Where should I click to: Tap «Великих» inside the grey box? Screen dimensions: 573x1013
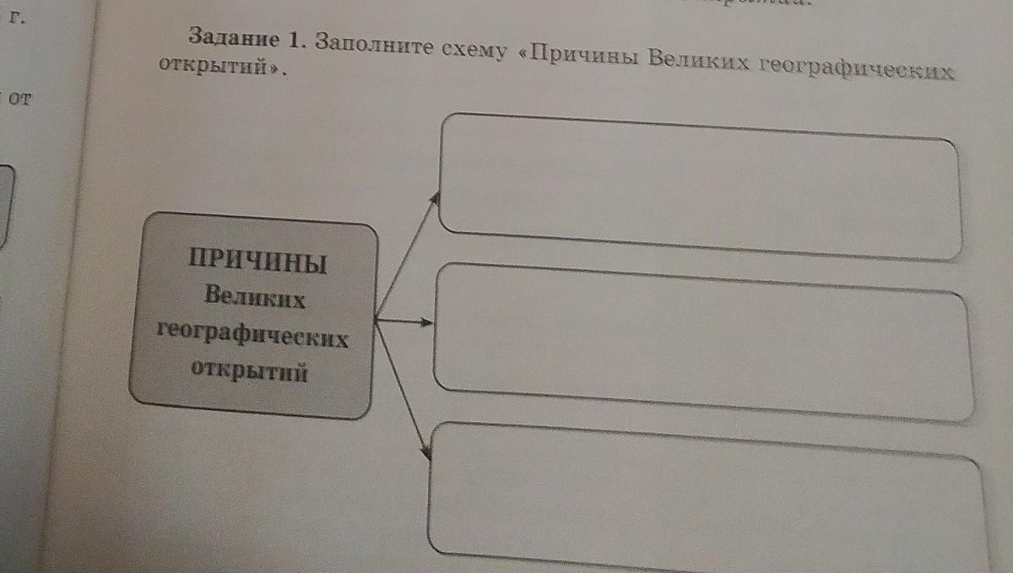(254, 297)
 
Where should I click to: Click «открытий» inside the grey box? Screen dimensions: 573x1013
(249, 372)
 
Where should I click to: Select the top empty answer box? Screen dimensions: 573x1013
(699, 186)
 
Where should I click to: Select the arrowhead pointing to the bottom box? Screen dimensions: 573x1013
(426, 454)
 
